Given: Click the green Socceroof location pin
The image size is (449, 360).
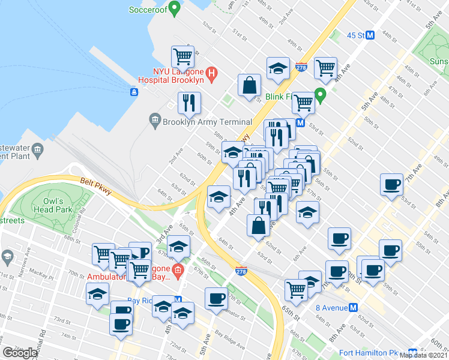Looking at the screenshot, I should point(175,9).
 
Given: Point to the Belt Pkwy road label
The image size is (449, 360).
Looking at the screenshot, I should point(92,181).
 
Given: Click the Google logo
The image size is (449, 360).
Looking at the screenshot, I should point(19,353).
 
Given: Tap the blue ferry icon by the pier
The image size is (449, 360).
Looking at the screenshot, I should point(134,92).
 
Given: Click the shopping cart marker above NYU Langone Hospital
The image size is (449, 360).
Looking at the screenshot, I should point(183,57).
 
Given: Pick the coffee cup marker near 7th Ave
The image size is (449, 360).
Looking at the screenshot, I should point(391,184).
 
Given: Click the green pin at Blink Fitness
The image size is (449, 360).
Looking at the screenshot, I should point(321,94).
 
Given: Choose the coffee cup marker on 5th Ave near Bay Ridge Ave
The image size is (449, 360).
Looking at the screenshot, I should point(216,298).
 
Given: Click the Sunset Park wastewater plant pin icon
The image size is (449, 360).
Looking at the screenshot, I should point(38,149).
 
